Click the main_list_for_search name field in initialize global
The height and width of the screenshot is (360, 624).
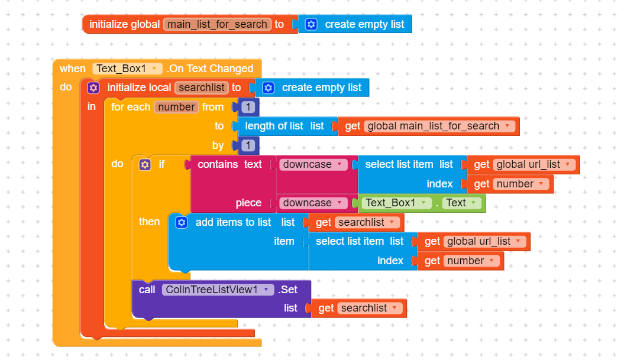pyautogui.click(x=217, y=24)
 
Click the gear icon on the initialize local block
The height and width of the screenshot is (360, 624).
pyautogui.click(x=93, y=88)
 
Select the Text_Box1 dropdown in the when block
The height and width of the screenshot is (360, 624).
pyautogui.click(x=127, y=69)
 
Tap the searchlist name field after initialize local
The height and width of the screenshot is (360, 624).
pyautogui.click(x=201, y=87)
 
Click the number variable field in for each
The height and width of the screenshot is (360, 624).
pyautogui.click(x=176, y=107)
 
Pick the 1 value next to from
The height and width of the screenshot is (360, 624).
pyautogui.click(x=248, y=107)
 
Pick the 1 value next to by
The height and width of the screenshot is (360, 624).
pyautogui.click(x=248, y=145)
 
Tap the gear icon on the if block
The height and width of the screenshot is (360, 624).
pyautogui.click(x=145, y=165)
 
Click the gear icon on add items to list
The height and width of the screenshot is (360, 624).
pyautogui.click(x=182, y=222)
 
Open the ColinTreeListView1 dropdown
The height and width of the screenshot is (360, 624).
pyautogui.click(x=218, y=290)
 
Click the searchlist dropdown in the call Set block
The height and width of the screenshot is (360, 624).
pyautogui.click(x=370, y=309)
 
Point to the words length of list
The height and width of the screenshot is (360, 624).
pyautogui.click(x=274, y=126)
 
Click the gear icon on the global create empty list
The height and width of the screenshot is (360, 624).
pyautogui.click(x=311, y=24)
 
